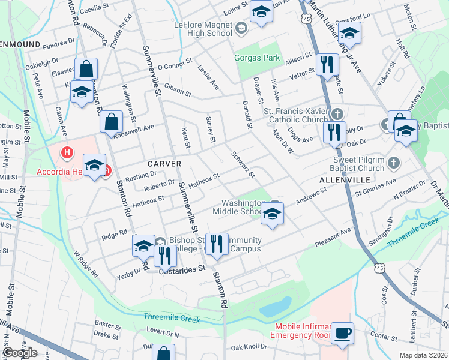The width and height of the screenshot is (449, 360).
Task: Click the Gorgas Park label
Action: click(x=257, y=58)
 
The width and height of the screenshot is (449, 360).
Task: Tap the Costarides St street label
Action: click(x=181, y=271)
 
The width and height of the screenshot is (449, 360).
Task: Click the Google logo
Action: click(x=20, y=353)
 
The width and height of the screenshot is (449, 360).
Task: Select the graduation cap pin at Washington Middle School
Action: click(x=272, y=214)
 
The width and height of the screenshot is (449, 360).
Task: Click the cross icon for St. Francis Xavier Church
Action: click(x=337, y=113)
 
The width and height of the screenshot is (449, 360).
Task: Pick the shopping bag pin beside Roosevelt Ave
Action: click(x=111, y=122)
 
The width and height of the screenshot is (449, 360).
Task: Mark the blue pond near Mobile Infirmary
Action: click(x=275, y=307)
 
